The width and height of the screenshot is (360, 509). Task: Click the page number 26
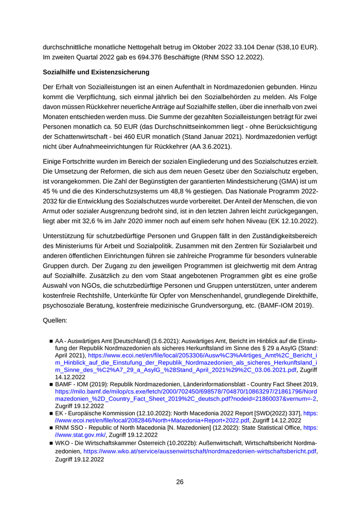click(179, 482)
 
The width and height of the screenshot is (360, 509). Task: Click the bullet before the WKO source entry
click(51, 443)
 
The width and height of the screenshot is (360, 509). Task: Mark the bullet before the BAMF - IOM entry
click(51, 384)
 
